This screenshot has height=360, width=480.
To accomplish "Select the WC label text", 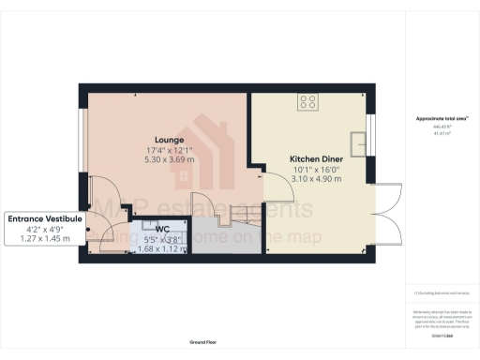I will [162, 228].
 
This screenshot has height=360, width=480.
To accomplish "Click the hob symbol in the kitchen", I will [307, 101].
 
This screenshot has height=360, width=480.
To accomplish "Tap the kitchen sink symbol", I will [359, 143].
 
